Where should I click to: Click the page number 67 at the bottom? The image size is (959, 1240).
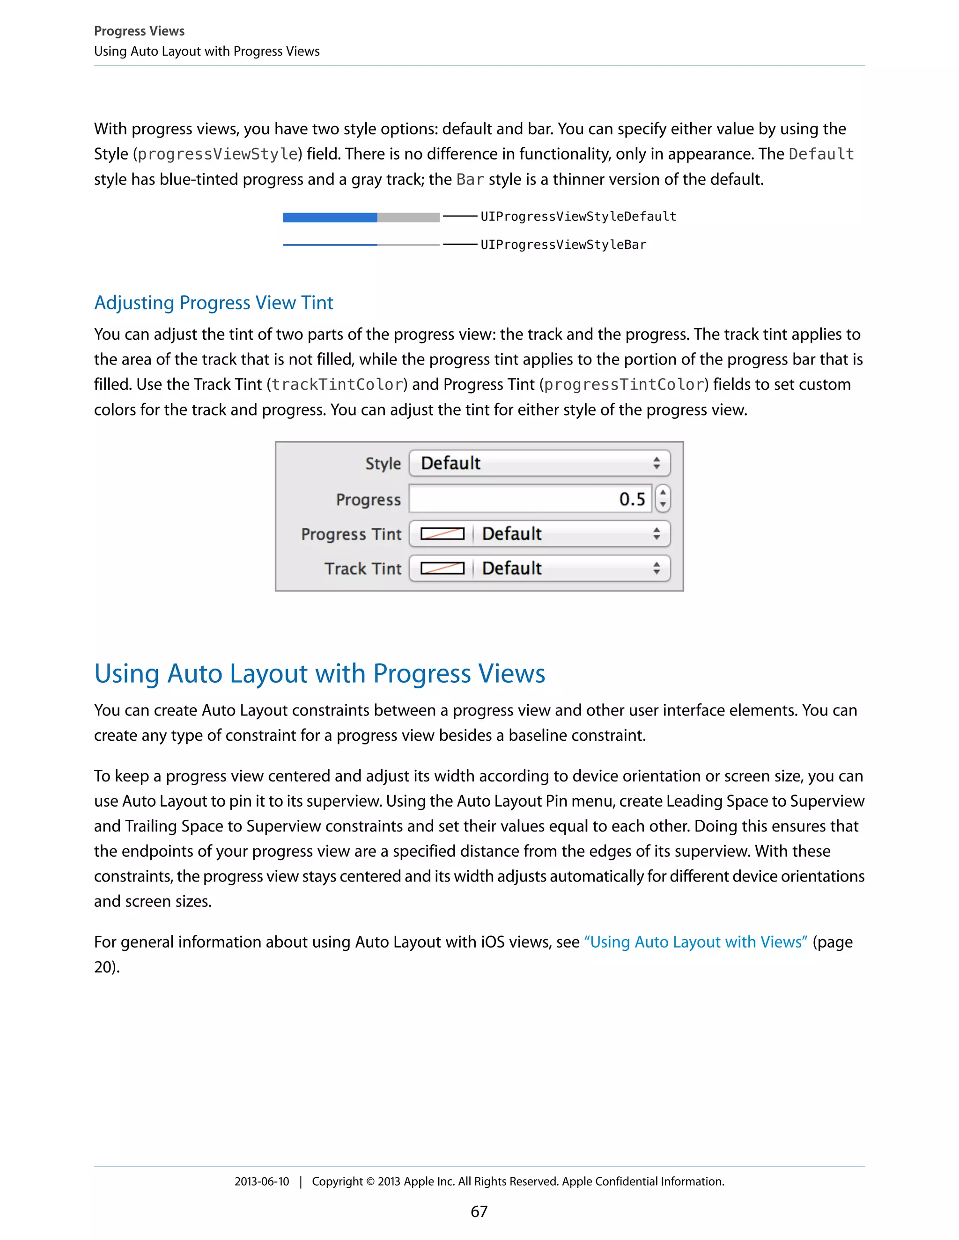point(479,1211)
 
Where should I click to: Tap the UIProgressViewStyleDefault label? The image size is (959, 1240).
point(578,216)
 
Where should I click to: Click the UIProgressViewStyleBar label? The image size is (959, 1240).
point(563,245)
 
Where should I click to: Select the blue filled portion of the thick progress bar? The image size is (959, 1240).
point(330,218)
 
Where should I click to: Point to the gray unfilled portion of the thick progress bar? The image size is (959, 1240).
point(408,218)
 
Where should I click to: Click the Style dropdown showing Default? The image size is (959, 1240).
point(539,463)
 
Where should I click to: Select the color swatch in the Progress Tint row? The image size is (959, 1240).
point(442,534)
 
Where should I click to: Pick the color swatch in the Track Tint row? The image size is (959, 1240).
point(442,569)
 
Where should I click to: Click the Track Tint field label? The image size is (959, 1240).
point(362,569)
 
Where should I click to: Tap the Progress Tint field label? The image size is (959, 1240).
point(351,534)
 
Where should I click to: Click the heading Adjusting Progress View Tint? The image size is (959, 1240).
point(214,303)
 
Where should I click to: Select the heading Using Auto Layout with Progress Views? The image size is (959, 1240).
point(319,673)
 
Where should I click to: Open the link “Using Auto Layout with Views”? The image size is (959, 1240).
point(695,942)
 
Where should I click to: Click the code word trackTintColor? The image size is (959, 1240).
point(337,384)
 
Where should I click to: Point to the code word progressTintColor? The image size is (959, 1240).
point(624,384)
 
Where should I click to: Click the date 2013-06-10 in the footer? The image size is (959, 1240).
point(261,1182)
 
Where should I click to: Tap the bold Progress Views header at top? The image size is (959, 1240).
point(139,31)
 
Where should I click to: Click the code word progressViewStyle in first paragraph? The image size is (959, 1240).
point(218,154)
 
